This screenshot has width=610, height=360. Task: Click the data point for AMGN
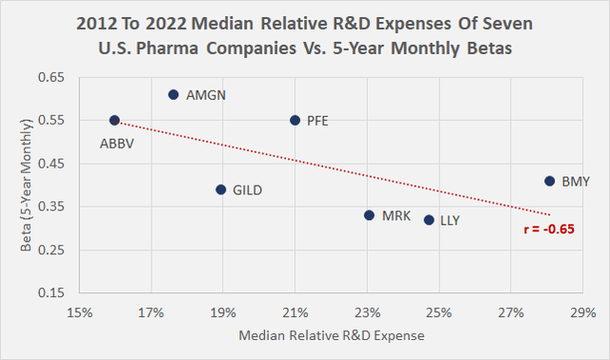coord(173,94)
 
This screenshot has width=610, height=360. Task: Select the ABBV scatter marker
coord(114,120)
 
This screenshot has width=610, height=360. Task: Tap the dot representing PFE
coord(295,120)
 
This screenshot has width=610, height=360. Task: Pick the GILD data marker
coord(221,190)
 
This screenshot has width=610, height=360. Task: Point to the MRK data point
coord(369,215)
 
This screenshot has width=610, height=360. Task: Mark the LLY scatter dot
coord(429,220)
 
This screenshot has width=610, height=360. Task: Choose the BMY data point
coord(549,181)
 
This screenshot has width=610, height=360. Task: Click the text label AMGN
coord(207,95)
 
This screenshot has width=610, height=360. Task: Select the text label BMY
coord(576,181)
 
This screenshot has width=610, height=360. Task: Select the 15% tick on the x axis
coord(79,311)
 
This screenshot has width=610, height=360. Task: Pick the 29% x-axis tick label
coord(582,311)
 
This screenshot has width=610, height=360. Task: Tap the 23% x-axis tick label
coord(367,311)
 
